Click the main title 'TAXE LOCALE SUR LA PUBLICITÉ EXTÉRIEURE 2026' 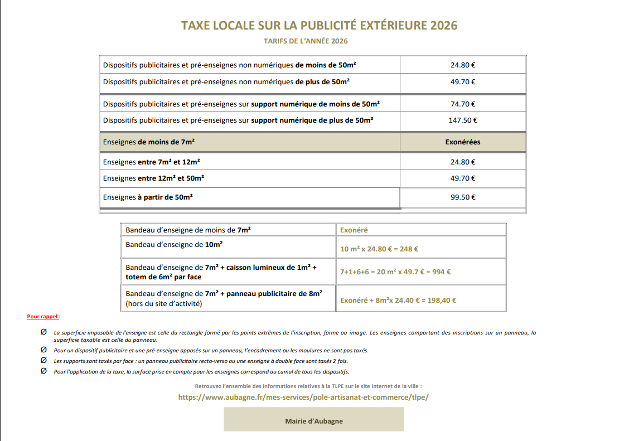coord(319,26)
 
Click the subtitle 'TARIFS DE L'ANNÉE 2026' coord(306,41)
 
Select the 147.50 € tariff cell coord(463,120)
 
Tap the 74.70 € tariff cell coord(463,104)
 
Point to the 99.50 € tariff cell coord(463,197)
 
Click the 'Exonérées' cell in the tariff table coord(463,142)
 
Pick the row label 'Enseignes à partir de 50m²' coord(148,197)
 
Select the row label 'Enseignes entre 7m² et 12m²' coord(152,162)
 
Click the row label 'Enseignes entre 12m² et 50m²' coord(153,178)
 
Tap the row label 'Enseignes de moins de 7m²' coord(149,142)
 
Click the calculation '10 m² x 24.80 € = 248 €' coord(380,249)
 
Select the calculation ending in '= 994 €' coord(395,272)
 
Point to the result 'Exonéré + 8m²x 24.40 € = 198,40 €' coord(399,300)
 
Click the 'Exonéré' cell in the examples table coord(354,230)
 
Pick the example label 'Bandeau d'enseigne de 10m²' coord(174,244)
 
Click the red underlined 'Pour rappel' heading coord(43,317)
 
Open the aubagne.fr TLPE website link coord(303,397)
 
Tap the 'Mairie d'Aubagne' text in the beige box coord(314,421)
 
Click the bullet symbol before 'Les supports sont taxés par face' coord(43,361)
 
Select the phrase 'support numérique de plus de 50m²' coord(312,120)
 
